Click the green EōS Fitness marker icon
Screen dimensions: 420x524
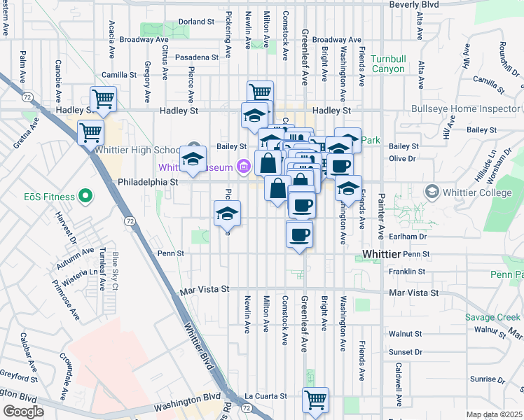point(85,195)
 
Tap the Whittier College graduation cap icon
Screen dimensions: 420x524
point(432,192)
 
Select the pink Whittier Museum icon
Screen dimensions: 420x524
point(243,167)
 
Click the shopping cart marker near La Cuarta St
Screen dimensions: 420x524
point(315,400)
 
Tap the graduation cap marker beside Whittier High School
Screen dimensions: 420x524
point(193,158)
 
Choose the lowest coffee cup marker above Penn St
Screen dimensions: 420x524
point(299,233)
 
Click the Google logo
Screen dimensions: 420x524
point(23,412)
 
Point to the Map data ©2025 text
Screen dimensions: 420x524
point(495,414)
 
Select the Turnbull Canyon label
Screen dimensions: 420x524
point(387,64)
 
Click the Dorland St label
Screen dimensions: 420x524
point(195,22)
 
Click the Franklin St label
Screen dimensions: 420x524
point(408,272)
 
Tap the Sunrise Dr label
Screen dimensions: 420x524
point(483,379)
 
